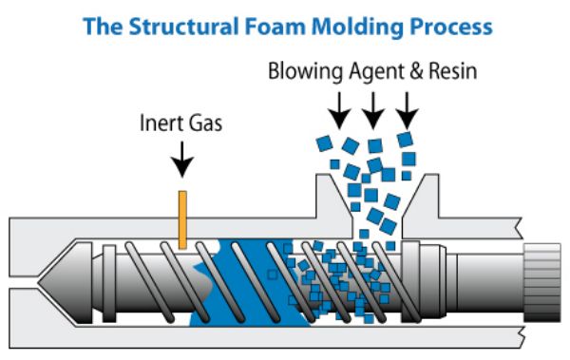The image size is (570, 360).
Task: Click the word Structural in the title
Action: click(x=184, y=27)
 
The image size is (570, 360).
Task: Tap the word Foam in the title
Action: click(x=275, y=27)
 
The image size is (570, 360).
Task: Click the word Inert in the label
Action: click(x=160, y=123)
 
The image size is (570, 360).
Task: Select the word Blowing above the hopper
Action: click(x=305, y=71)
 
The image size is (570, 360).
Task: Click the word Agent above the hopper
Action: click(x=376, y=72)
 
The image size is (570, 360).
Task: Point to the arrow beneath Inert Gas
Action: click(x=182, y=160)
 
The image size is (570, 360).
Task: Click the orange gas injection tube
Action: click(x=182, y=219)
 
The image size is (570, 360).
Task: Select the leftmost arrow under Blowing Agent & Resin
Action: click(x=339, y=110)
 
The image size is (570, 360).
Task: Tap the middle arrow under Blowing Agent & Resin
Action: click(x=373, y=110)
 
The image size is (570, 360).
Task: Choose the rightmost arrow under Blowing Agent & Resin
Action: click(x=408, y=110)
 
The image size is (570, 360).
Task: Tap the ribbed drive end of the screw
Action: click(x=542, y=283)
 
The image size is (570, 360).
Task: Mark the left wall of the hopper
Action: click(x=333, y=203)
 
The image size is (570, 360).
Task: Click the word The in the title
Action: click(x=103, y=27)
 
